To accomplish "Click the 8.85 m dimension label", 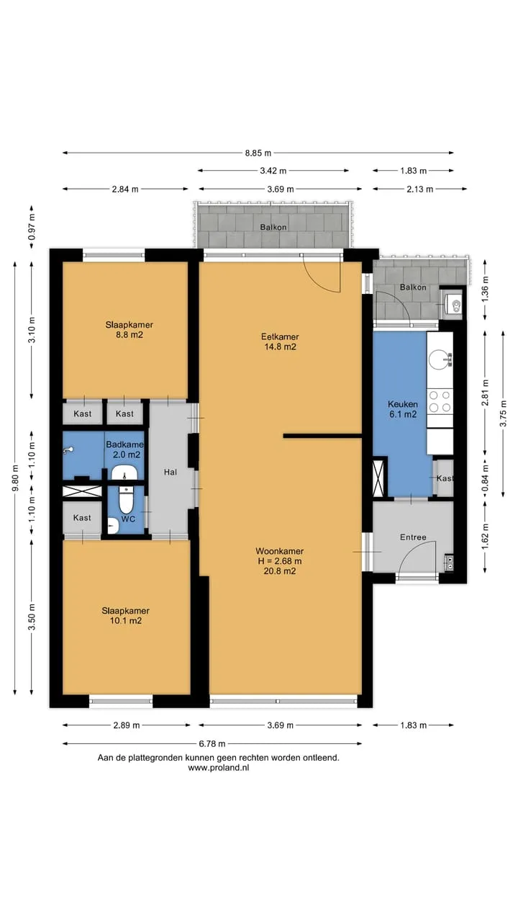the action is pos(258,153).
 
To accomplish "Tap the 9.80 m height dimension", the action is pos(15,478).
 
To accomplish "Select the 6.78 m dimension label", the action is pos(212,743).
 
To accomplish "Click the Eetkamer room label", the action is pos(280,336).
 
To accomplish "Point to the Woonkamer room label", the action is pos(280,551).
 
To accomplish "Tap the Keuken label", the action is pos(403,404).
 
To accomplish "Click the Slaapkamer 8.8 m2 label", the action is pos(129,330).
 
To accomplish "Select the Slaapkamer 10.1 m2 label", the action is pos(126,616).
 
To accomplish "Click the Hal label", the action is pos(171,472).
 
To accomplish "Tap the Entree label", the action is pos(413,537).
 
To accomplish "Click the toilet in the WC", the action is pos(126,499).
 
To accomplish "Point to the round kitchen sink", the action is pos(439,359).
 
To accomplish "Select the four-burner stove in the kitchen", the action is pos(440,401).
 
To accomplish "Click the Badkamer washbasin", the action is pos(124,473).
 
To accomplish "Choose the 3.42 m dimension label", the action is pos(273,171).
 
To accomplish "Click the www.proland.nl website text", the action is pos(218,768).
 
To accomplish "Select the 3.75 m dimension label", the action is pos(503,413).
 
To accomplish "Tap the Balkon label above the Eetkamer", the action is pos(273,227).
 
